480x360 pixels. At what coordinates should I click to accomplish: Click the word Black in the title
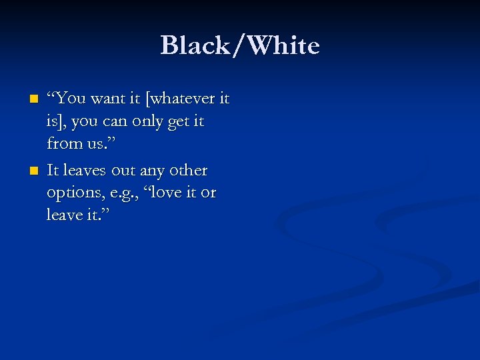[191, 46]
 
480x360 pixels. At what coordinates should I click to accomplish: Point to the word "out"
[125, 171]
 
